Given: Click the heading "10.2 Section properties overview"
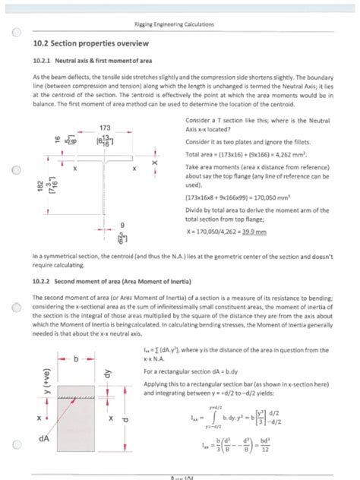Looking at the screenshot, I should tap(93, 46).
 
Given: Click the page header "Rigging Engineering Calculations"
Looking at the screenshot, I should tap(180, 25).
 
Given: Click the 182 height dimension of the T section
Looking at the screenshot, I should tap(41, 199).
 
